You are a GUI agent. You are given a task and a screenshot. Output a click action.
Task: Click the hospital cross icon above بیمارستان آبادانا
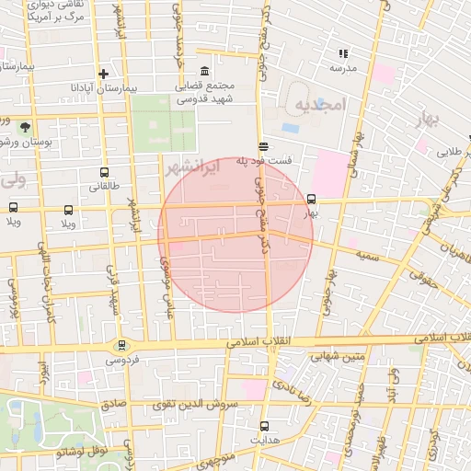tap(104, 74)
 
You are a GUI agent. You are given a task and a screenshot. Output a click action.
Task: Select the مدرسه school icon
tap(343, 54)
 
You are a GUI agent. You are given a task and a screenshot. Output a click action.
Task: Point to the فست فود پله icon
tap(264, 145)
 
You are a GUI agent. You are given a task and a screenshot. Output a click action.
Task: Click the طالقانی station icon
tap(104, 172)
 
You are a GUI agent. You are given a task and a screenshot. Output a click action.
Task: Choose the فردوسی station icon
tap(121, 346)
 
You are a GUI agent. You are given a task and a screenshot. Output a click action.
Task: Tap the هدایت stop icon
tap(265, 426)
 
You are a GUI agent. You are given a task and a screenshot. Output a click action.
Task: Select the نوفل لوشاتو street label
tap(82, 452)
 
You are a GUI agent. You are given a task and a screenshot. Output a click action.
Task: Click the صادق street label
tap(112, 404)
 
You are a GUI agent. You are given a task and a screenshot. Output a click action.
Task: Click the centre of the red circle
tap(236, 235)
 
